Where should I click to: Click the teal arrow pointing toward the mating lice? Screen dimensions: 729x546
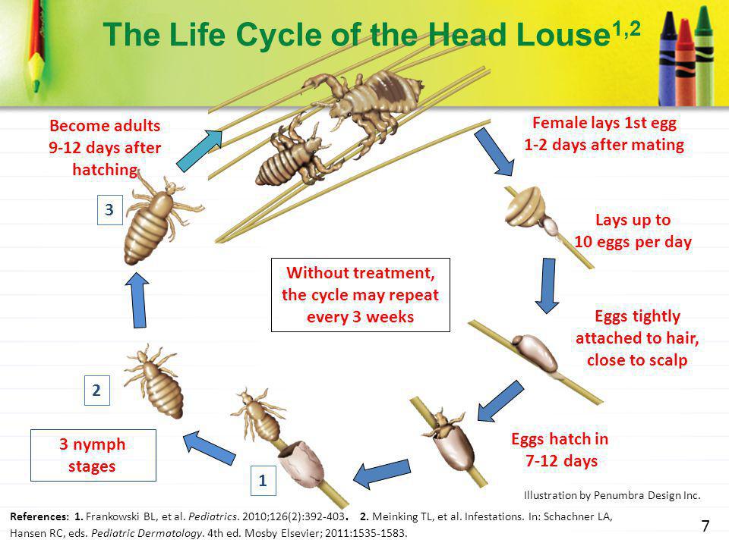tap(200, 151)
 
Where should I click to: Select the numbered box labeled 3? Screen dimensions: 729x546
tap(109, 210)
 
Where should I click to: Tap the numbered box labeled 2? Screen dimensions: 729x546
tap(96, 390)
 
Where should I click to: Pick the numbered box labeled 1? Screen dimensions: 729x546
tap(264, 480)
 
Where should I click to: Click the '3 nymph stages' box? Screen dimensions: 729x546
tap(93, 455)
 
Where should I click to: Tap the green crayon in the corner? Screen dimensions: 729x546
tap(704, 55)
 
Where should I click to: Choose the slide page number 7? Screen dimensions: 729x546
tap(705, 526)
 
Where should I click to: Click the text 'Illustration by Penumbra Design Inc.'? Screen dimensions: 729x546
tap(612, 495)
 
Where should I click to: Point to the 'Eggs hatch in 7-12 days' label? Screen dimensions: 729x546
tap(560, 450)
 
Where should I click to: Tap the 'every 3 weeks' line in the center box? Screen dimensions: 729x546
tap(360, 317)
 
